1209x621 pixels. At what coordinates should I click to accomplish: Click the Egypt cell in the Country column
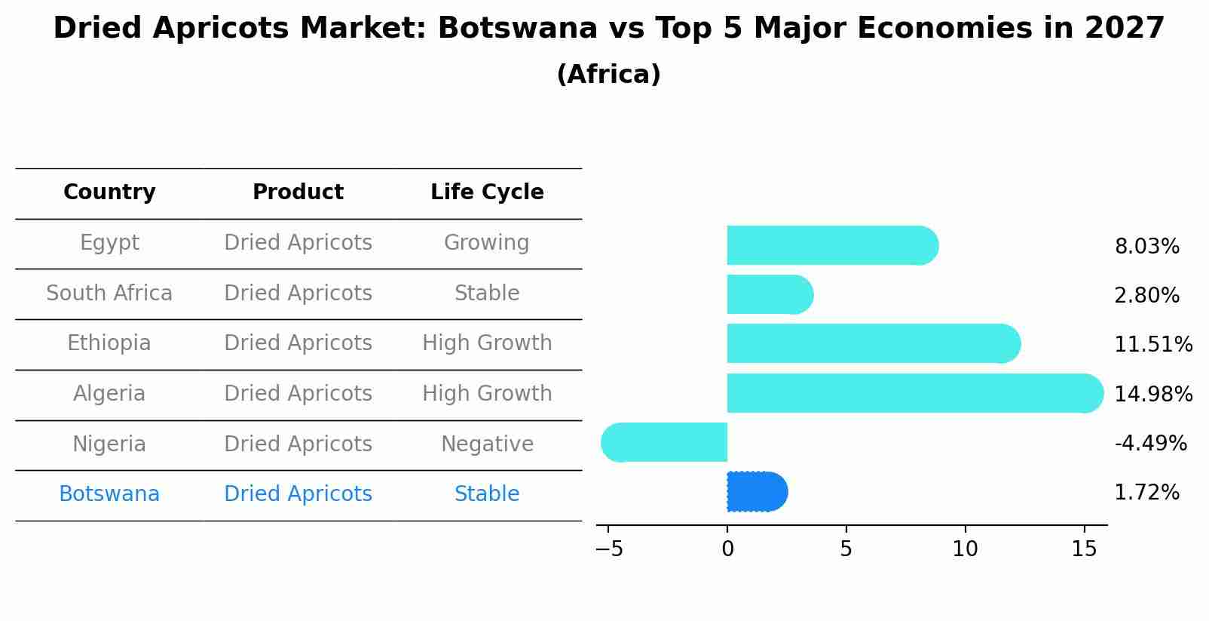tap(109, 243)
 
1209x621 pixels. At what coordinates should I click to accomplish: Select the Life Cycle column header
tap(487, 192)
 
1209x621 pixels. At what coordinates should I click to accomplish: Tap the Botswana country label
tap(109, 494)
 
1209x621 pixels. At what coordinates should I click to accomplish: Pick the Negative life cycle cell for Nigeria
tap(487, 444)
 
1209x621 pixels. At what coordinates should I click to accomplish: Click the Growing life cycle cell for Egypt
tap(487, 243)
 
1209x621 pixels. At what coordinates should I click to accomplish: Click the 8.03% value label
tap(1146, 247)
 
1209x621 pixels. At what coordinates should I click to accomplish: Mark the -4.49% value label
tap(1150, 443)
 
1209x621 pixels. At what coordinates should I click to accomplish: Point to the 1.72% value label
tap(1146, 493)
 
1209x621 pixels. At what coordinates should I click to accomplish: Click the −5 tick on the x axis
tap(609, 549)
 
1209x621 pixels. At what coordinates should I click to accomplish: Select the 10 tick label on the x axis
tap(965, 549)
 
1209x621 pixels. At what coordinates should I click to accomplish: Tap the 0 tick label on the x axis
tap(727, 549)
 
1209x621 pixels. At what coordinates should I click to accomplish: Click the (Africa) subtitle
tap(608, 75)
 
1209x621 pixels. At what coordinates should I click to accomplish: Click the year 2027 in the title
tap(1125, 29)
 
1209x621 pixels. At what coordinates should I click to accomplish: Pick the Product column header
tap(298, 192)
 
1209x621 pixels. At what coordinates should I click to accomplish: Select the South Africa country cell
tap(109, 293)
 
